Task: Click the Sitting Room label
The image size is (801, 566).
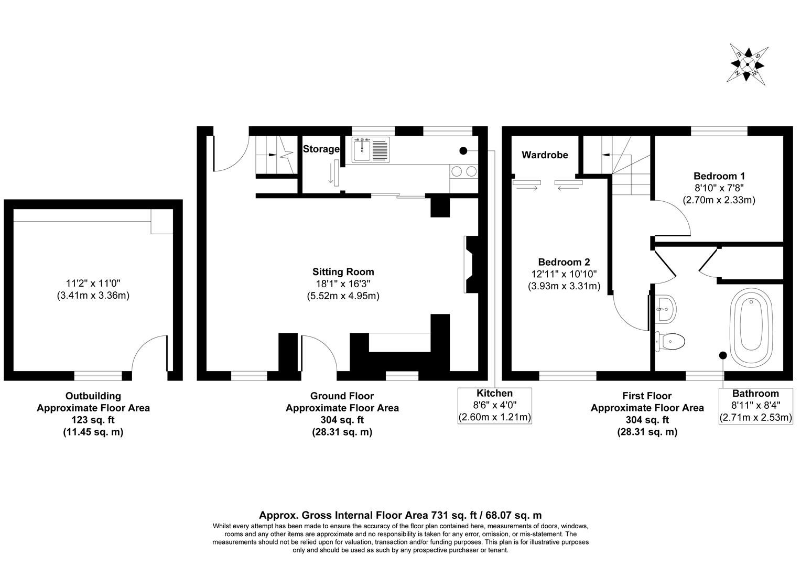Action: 343,272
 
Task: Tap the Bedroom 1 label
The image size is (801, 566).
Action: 719,176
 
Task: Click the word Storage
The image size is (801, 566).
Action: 321,149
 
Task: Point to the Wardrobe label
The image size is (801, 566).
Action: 545,155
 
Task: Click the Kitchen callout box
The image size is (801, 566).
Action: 494,405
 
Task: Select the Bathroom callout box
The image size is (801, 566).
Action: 755,405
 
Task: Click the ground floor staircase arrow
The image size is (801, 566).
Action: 273,155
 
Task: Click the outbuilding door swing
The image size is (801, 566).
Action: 149,354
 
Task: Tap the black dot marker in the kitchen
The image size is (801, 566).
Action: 463,151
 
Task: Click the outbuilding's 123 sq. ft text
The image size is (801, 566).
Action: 93,420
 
